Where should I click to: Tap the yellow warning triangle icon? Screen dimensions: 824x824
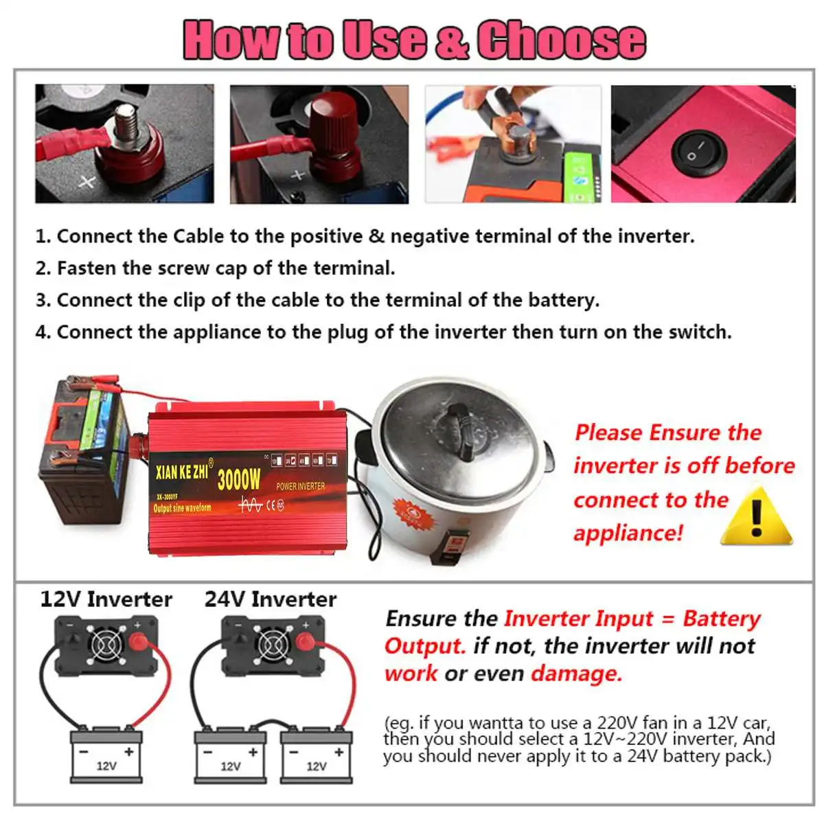pyautogui.click(x=756, y=516)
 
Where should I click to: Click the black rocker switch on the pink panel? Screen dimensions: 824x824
pyautogui.click(x=699, y=153)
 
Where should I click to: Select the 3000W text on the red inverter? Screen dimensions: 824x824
pyautogui.click(x=239, y=479)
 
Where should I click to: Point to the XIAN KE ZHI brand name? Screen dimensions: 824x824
pyautogui.click(x=183, y=472)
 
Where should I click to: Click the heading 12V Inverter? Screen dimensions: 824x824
pyautogui.click(x=106, y=599)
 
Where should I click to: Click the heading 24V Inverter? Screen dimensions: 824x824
pyautogui.click(x=271, y=599)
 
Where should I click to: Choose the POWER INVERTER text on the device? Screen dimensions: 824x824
pyautogui.click(x=300, y=486)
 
